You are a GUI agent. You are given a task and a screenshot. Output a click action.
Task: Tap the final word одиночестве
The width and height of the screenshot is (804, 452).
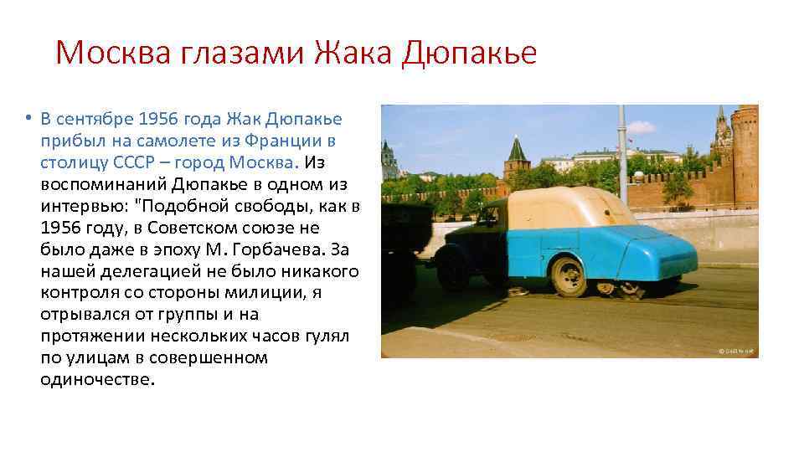point(97,380)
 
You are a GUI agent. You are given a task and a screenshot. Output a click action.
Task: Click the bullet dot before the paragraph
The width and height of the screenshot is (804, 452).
point(28,118)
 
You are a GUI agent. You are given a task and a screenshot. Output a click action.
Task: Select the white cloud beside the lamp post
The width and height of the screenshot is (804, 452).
point(642,127)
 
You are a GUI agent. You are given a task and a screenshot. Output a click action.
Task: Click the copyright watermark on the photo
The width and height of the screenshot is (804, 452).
point(737,351)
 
